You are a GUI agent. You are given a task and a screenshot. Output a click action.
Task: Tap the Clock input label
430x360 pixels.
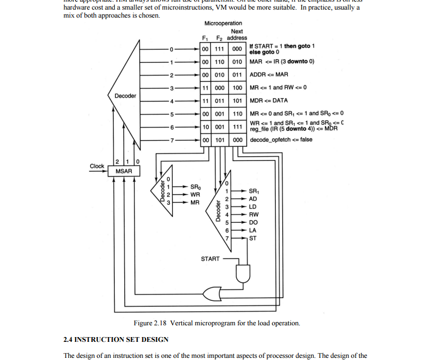tap(97, 166)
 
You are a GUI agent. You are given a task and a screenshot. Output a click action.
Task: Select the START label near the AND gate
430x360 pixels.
tap(210, 259)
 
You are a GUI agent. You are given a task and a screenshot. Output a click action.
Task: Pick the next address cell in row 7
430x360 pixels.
tap(237, 140)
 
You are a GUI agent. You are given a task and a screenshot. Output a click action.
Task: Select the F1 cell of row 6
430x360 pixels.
tap(205, 127)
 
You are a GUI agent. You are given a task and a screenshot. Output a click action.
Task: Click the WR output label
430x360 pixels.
tap(195, 195)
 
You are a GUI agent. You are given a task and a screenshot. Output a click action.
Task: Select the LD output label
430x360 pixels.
tap(253, 206)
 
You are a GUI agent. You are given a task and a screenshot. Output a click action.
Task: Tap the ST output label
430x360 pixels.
tap(253, 238)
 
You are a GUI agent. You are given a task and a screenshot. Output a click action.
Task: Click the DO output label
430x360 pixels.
tap(253, 222)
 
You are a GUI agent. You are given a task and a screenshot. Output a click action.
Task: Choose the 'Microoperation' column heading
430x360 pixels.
tap(223, 23)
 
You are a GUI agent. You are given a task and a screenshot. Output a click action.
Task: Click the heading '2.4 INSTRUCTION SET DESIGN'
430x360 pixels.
tap(116, 339)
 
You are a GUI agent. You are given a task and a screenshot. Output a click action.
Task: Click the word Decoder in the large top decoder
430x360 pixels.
tap(125, 96)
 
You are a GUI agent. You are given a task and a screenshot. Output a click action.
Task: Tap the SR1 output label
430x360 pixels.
tap(253, 190)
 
